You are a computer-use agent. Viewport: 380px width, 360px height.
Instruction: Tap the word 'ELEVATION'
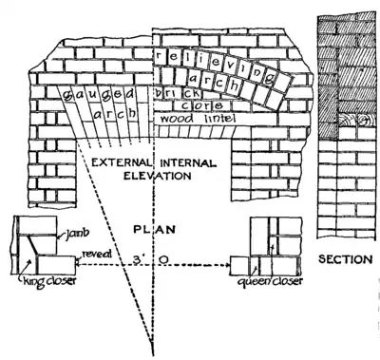pos(153,177)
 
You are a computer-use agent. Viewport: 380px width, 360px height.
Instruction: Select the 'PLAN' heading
pos(153,228)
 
